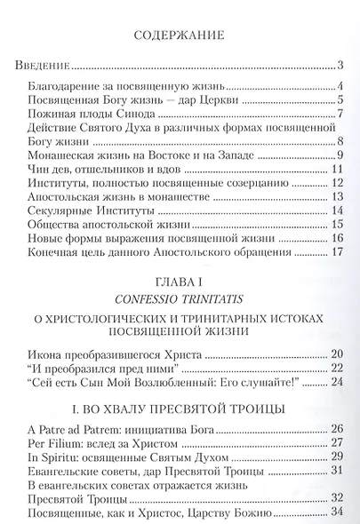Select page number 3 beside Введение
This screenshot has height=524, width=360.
tap(340, 67)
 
